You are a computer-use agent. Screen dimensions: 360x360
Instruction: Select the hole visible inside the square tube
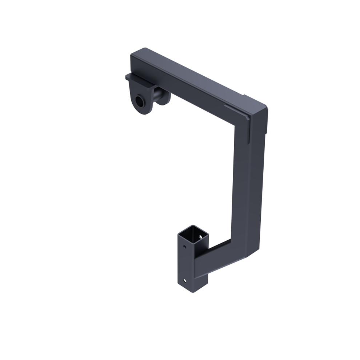point(200,237)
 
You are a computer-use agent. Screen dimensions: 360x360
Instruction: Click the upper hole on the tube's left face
point(185,247)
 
